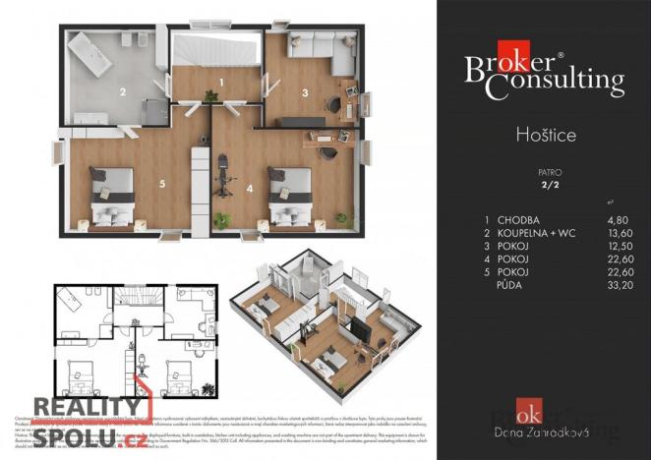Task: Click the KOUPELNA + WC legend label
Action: (x=532, y=234)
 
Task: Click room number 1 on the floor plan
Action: (x=222, y=82)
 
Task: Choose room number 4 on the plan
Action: (x=249, y=187)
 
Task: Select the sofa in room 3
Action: (x=323, y=45)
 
